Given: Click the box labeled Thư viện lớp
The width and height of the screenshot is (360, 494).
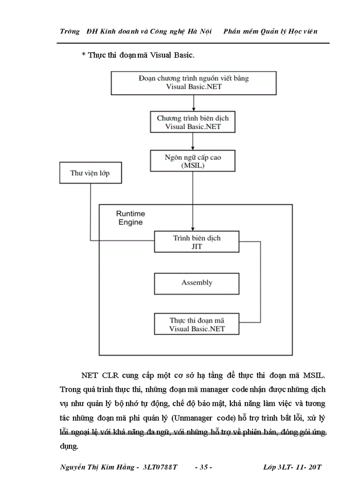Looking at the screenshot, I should click(x=90, y=173).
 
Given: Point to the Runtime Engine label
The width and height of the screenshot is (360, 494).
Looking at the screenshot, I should click(x=130, y=218).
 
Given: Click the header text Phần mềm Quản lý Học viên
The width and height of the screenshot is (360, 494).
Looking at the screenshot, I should click(x=271, y=31).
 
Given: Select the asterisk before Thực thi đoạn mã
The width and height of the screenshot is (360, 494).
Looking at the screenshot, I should click(x=83, y=55).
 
